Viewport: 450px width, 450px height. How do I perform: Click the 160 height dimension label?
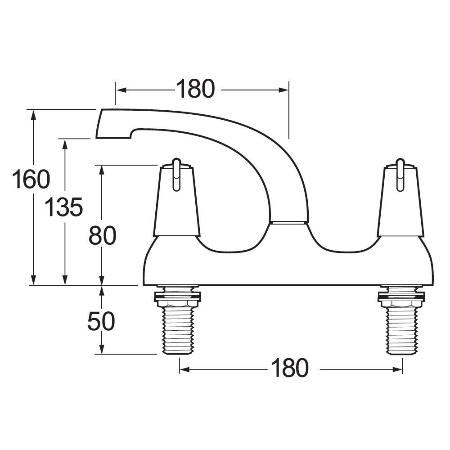[31, 180]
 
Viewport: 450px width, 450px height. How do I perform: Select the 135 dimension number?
[63, 207]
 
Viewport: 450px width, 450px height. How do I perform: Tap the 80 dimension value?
[103, 235]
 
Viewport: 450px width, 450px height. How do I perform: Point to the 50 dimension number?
[101, 321]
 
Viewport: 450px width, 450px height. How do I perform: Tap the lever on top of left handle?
[176, 173]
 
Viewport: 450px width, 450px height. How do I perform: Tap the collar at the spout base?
[288, 222]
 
